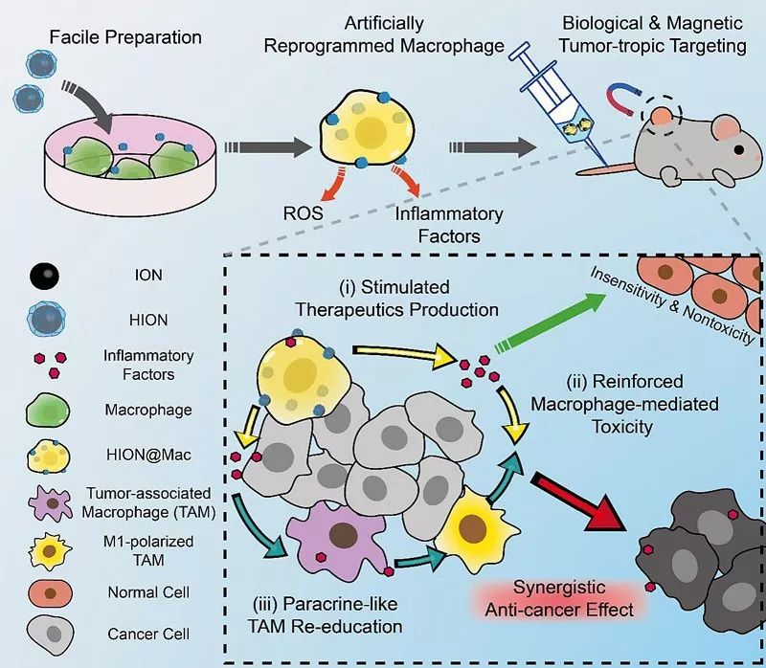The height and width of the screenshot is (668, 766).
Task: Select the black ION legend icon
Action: (43, 277)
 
